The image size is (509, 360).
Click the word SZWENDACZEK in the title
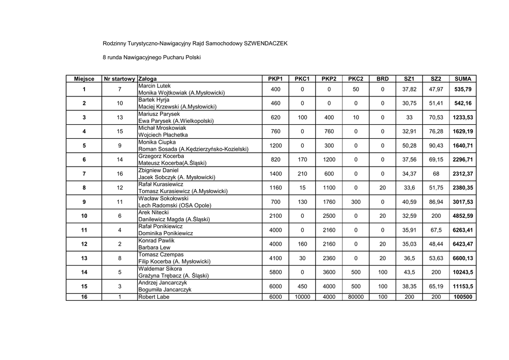pyautogui.click(x=265, y=44)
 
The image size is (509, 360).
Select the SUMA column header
pyautogui.click(x=463, y=79)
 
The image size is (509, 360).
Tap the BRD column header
pyautogui.click(x=382, y=79)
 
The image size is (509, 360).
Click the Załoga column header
pyautogui.click(x=148, y=79)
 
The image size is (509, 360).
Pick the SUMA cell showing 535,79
pyautogui.click(x=463, y=90)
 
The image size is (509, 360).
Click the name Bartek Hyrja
pyautogui.click(x=154, y=100)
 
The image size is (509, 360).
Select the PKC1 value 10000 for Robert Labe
pyautogui.click(x=302, y=297)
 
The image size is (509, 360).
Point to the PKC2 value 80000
pyautogui.click(x=355, y=297)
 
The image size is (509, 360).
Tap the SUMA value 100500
pyautogui.click(x=463, y=297)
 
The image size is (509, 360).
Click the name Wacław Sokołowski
pyautogui.click(x=164, y=198)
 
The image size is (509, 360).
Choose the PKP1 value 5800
pyautogui.click(x=275, y=272)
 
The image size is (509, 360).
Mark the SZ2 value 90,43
pyautogui.click(x=436, y=146)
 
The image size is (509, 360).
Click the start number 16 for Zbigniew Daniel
pyautogui.click(x=120, y=174)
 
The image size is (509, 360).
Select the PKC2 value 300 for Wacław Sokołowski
pyautogui.click(x=355, y=202)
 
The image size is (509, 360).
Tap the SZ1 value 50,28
pyautogui.click(x=409, y=146)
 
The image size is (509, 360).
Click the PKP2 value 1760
pyautogui.click(x=329, y=202)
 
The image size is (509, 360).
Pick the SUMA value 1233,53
pyautogui.click(x=463, y=117)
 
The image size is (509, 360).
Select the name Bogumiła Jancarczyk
pyautogui.click(x=165, y=290)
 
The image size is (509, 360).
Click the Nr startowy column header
pyautogui.click(x=120, y=79)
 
